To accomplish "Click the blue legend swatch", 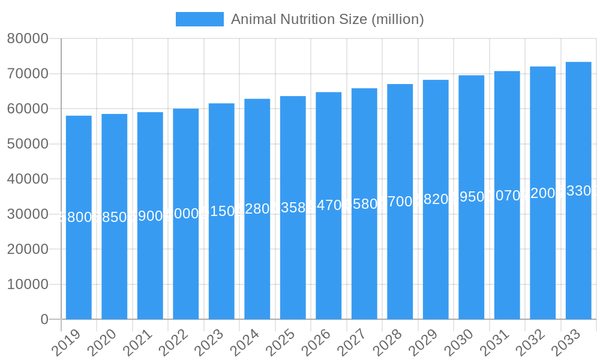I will pyautogui.click(x=199, y=19).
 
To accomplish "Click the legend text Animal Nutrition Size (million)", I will pyautogui.click(x=327, y=19).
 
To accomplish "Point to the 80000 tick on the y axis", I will pyautogui.click(x=28, y=39).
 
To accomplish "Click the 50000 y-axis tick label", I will pyautogui.click(x=28, y=144).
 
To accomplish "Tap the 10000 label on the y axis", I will pyautogui.click(x=28, y=284).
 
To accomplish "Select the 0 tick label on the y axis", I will pyautogui.click(x=44, y=320).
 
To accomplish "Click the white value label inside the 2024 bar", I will pyautogui.click(x=257, y=209).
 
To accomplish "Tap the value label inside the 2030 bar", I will pyautogui.click(x=471, y=197).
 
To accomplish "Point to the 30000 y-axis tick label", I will pyautogui.click(x=28, y=214).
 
